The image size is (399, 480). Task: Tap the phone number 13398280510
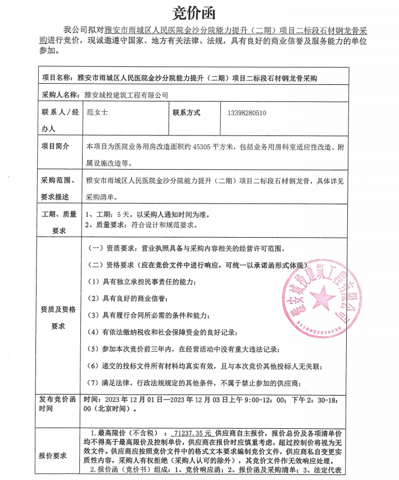247,113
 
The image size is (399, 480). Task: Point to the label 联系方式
187,113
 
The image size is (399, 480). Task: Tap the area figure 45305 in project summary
202,147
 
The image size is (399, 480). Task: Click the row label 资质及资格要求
58,318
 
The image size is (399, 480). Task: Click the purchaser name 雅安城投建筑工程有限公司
125,96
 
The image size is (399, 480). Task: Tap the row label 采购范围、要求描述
58,188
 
